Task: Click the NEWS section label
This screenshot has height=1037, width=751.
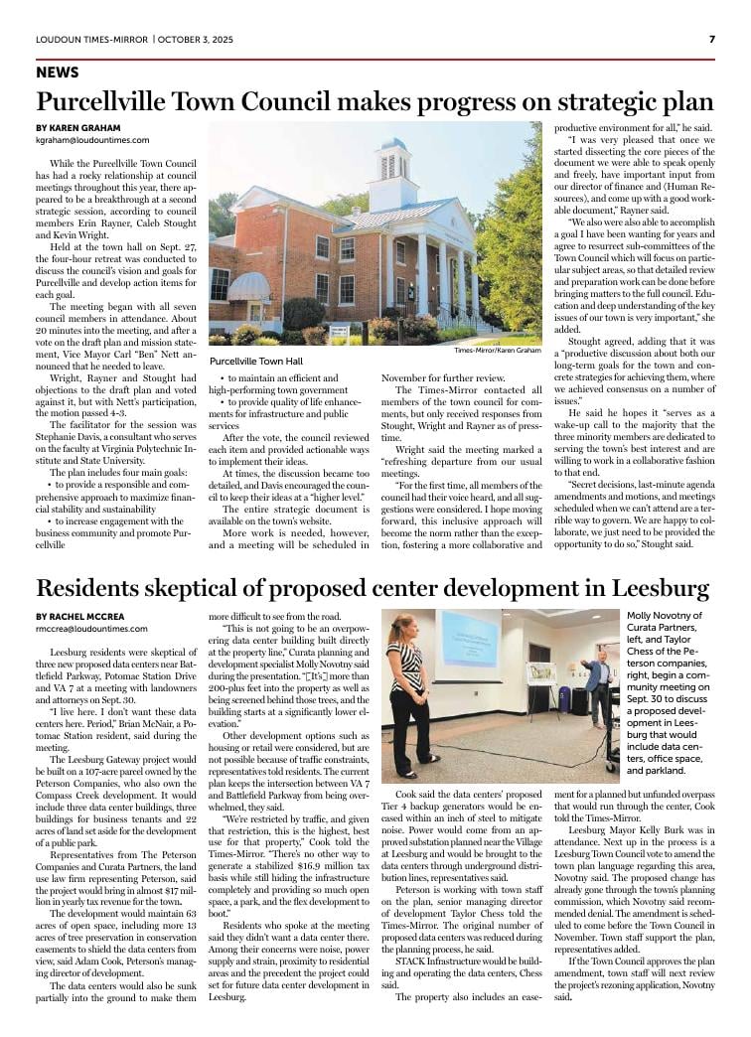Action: coord(58,74)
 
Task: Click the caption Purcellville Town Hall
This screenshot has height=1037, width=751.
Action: coord(256,362)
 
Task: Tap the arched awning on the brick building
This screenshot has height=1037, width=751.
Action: coord(247,289)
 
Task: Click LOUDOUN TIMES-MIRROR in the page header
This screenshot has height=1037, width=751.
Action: coord(91,39)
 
